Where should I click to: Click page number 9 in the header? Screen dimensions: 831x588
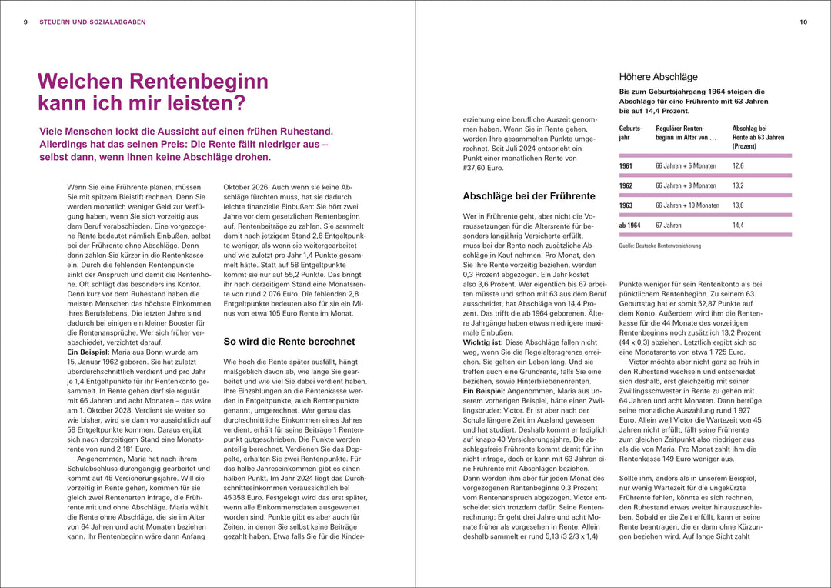26,22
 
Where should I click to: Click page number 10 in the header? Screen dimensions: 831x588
803,22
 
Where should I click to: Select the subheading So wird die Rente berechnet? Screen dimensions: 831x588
289,341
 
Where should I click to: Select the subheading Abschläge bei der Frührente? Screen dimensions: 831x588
529,196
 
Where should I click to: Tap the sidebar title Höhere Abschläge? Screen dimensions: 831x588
658,77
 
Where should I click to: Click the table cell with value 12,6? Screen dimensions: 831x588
738,165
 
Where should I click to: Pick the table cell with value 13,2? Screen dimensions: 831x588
738,185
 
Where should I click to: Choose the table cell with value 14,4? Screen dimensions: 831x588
738,226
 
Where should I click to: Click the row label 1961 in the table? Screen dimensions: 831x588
627,165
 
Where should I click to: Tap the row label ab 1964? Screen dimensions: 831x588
631,226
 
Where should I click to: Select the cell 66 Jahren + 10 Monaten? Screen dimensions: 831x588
687,205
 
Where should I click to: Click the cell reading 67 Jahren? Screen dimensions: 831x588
668,226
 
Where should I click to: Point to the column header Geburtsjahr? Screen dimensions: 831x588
629,132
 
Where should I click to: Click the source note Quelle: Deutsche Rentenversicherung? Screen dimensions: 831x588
659,246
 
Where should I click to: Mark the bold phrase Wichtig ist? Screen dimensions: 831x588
483,341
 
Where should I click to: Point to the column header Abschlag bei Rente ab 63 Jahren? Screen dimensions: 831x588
758,137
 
